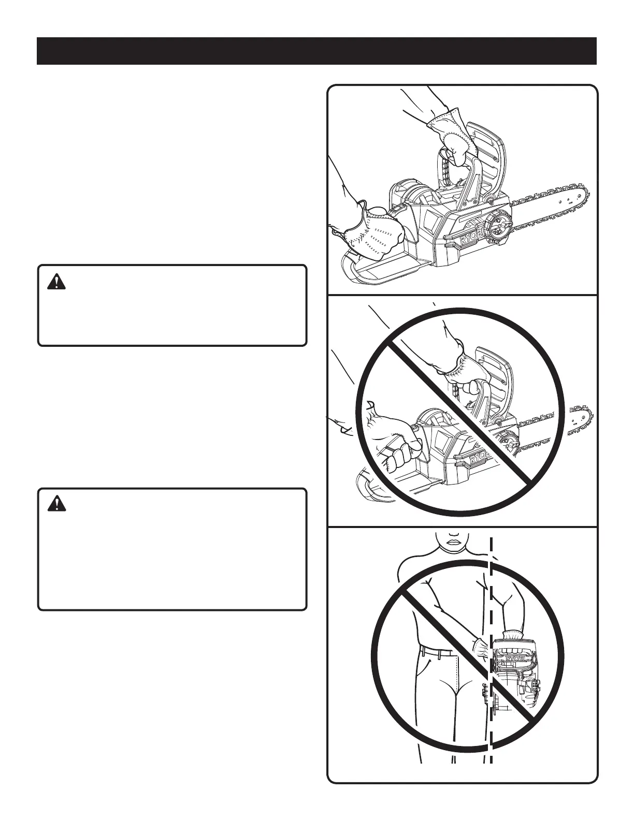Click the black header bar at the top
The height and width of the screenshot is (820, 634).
point(316,51)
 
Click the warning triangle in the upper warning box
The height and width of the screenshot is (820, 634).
point(56,282)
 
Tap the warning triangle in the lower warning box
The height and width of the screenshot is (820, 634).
point(56,503)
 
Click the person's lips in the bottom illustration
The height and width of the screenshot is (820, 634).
point(455,541)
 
